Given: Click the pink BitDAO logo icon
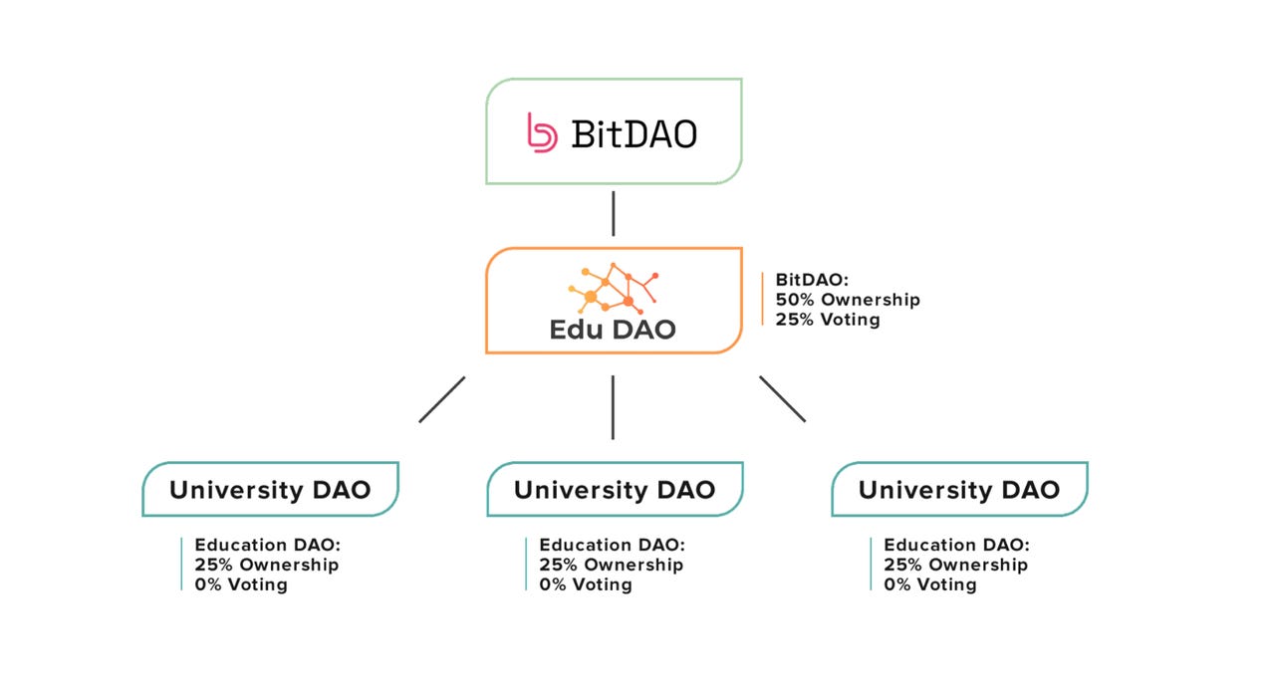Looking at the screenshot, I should tap(542, 132).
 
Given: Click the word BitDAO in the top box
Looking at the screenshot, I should tap(635, 133).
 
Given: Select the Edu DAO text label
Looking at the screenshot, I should tap(613, 330).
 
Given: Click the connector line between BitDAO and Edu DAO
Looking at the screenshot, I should tap(613, 213).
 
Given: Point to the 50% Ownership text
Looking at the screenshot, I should tap(848, 300).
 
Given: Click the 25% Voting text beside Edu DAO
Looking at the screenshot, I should tap(828, 320).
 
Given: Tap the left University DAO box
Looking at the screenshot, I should tap(270, 489).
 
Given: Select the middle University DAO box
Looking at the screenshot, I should tap(615, 489).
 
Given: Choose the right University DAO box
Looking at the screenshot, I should tap(959, 489).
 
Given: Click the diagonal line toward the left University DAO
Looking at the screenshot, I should tap(442, 398).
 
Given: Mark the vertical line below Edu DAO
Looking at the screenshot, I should tap(613, 406).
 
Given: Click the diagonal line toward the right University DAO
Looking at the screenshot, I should tap(783, 398).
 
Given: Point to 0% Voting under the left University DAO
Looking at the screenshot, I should tap(241, 584).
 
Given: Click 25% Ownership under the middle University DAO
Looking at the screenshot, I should tap(612, 565).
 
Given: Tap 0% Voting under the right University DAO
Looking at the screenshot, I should tap(930, 584).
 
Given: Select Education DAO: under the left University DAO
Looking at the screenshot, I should tap(268, 545).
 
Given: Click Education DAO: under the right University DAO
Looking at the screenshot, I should tap(957, 545).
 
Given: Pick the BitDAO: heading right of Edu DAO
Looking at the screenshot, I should tap(811, 280).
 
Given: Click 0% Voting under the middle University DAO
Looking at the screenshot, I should tap(586, 584).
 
